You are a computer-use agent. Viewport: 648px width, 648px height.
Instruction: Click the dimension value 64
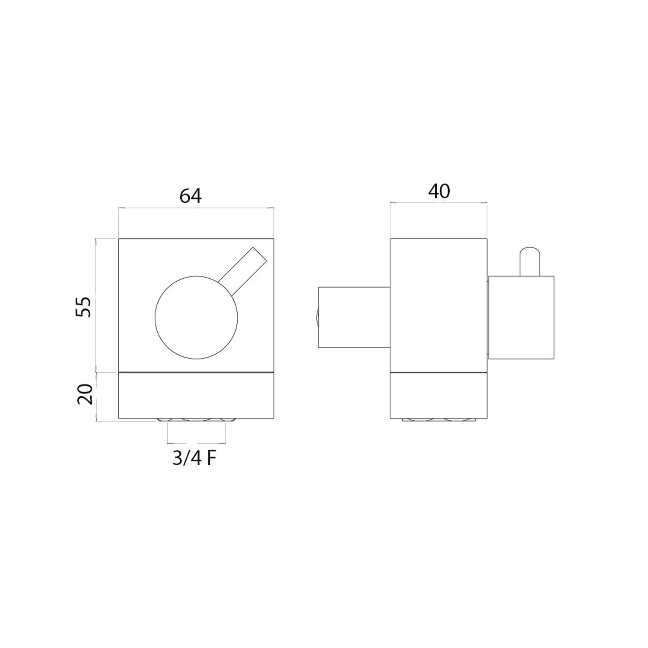click(x=191, y=196)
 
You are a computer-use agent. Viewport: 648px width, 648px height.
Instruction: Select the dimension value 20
click(x=85, y=394)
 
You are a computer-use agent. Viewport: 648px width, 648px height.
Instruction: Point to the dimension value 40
click(x=439, y=191)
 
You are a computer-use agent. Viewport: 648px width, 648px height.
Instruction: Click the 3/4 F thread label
click(x=194, y=459)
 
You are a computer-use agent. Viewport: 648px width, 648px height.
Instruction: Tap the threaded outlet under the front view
click(x=196, y=419)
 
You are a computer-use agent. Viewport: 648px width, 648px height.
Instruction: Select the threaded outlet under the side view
click(x=439, y=419)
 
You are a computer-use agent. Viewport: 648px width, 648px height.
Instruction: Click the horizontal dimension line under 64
click(x=196, y=208)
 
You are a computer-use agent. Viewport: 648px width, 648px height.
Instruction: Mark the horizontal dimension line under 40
click(x=439, y=202)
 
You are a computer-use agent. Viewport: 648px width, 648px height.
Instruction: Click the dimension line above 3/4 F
click(x=196, y=442)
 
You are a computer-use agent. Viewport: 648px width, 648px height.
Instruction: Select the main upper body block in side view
click(x=439, y=305)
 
